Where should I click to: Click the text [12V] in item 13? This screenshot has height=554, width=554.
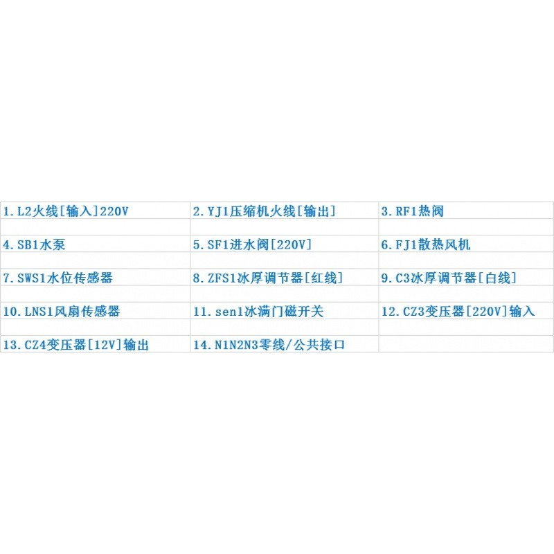pos(105,344)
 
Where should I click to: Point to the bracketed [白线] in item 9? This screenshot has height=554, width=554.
pos(497,278)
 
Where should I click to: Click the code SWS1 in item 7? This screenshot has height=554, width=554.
pos(32,278)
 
